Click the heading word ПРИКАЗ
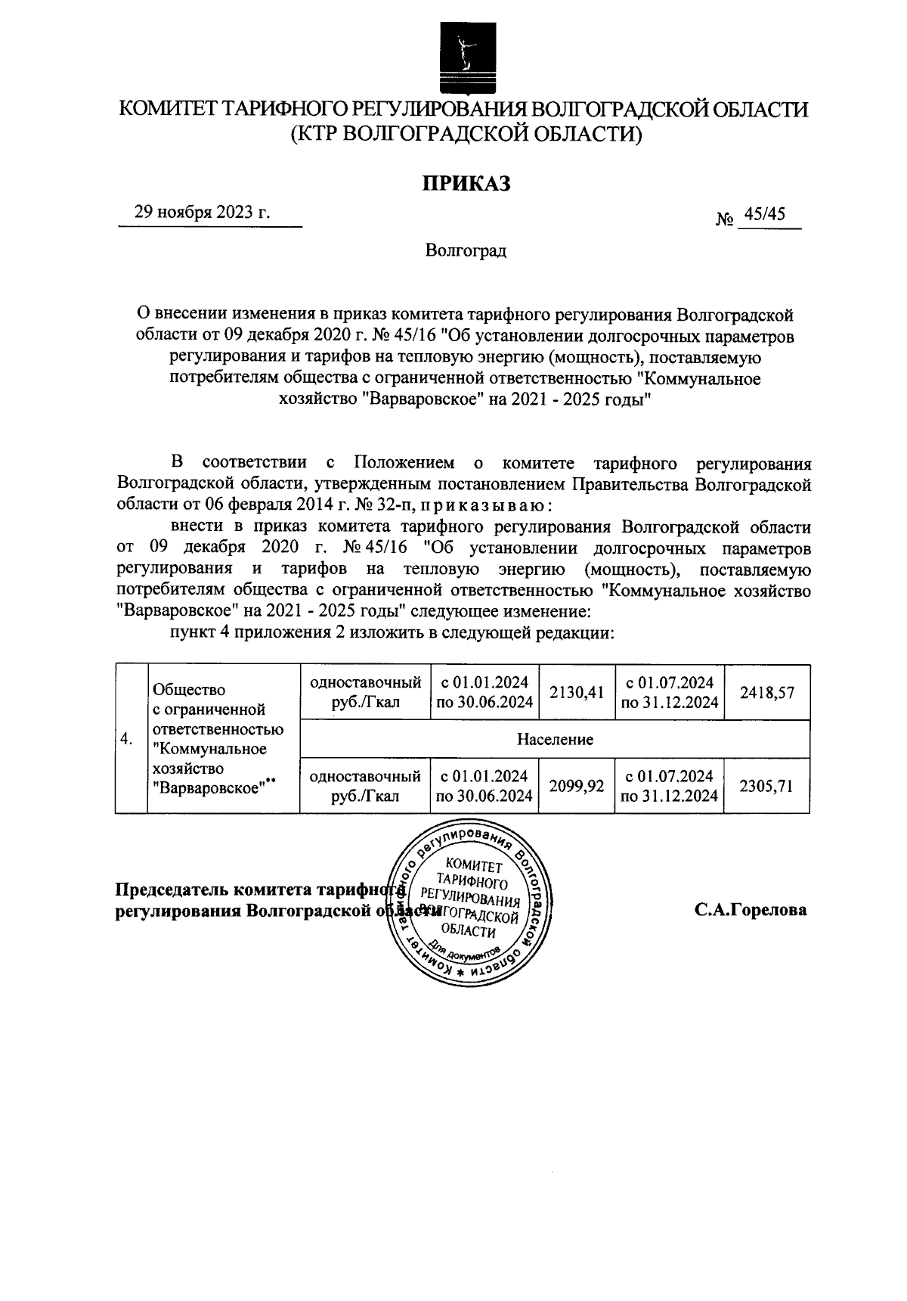(x=466, y=183)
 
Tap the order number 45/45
(x=764, y=215)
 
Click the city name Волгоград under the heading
(x=466, y=251)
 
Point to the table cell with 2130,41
(x=577, y=692)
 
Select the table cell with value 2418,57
(x=766, y=692)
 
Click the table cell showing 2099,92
(x=577, y=787)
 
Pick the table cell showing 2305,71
(x=766, y=787)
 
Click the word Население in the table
(x=555, y=739)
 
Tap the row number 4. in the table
(x=128, y=739)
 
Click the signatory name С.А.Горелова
(x=751, y=910)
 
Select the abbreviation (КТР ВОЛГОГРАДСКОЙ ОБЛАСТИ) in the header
(x=466, y=135)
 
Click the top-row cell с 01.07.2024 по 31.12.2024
(x=669, y=692)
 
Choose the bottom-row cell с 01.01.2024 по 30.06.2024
(x=484, y=787)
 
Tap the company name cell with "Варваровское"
(x=218, y=739)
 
